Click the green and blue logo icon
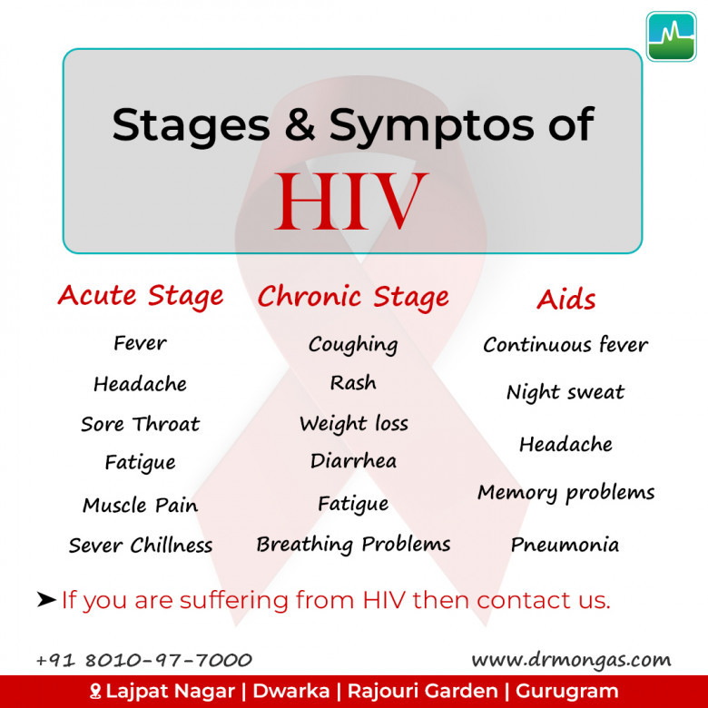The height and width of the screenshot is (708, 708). [671, 36]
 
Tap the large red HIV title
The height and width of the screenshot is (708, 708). [351, 201]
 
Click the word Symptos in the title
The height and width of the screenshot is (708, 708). [431, 126]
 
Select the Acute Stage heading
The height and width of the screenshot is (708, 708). [141, 297]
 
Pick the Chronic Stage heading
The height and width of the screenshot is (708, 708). [353, 297]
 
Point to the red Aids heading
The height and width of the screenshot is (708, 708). [566, 299]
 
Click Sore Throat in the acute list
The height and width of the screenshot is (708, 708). [140, 424]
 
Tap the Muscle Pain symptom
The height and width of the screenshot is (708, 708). [140, 505]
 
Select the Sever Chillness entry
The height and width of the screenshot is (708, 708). [141, 545]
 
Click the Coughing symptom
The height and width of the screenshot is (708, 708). [353, 346]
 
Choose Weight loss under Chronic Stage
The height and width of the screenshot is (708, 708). [354, 425]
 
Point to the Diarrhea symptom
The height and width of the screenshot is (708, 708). [354, 461]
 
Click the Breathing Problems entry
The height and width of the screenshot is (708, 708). [354, 545]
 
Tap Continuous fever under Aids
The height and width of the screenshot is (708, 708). [565, 345]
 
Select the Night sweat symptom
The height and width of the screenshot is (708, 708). [565, 392]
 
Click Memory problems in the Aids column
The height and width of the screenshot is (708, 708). [566, 493]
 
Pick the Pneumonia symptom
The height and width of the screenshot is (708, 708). [565, 545]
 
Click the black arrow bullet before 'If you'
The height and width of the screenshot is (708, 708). [46, 600]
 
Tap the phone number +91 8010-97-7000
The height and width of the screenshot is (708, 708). [144, 660]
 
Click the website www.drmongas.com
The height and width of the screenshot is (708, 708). [572, 660]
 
